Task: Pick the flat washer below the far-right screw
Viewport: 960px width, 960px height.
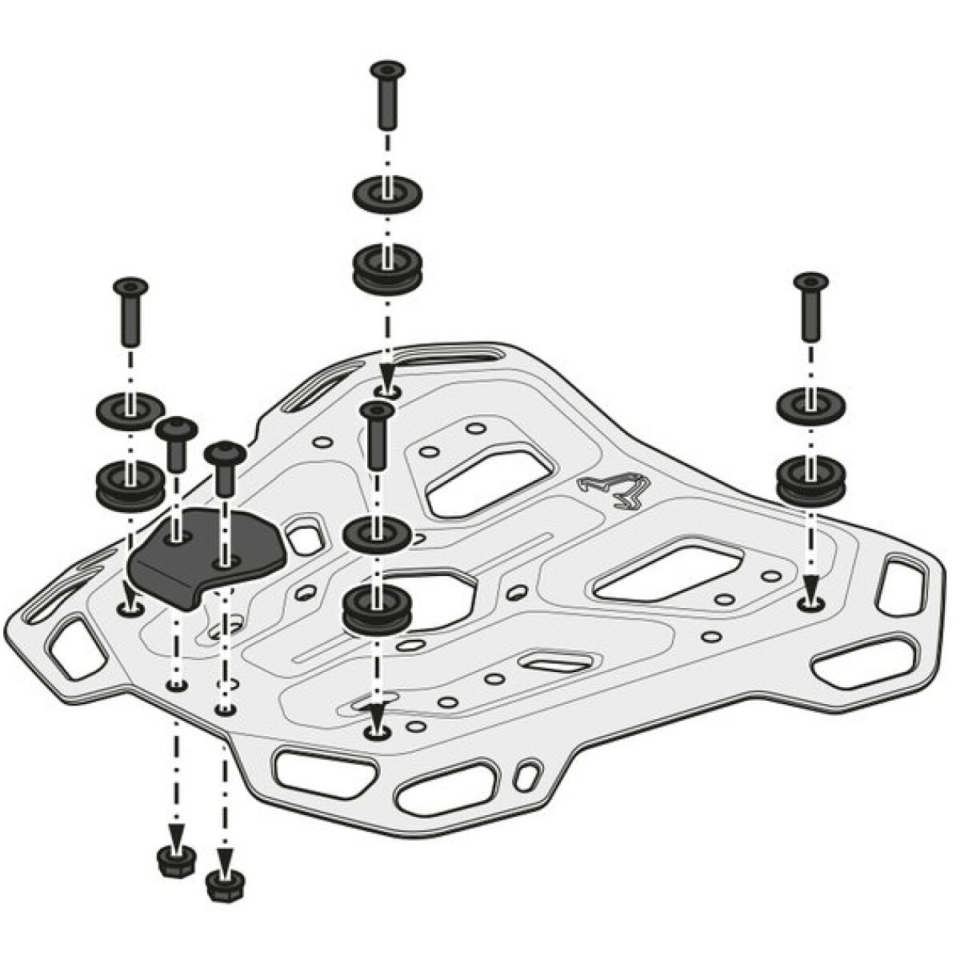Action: [810, 406]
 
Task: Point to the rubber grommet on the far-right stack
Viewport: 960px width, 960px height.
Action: [810, 479]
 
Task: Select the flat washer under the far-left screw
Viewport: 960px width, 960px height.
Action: [130, 410]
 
